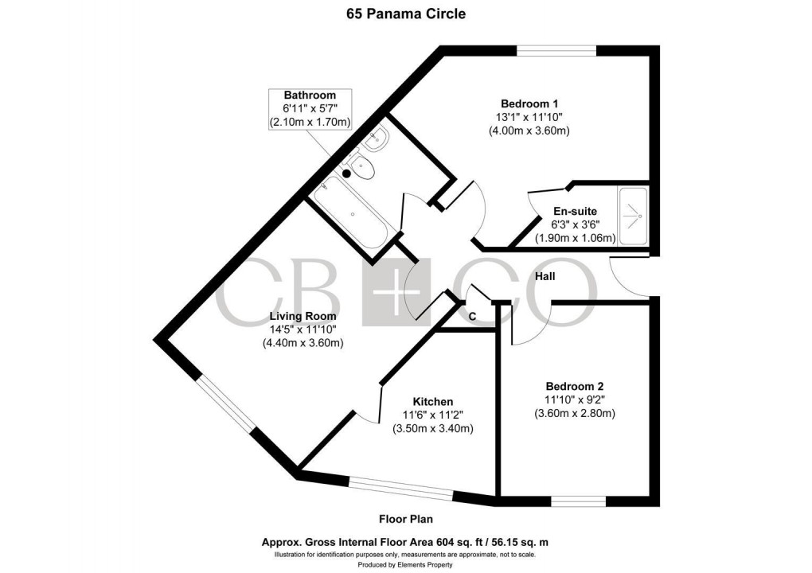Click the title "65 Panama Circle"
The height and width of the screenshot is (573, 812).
point(405,14)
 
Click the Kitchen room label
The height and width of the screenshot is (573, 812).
point(432,401)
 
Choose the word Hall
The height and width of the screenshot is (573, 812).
point(545,276)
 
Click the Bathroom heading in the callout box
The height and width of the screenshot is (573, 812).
point(310,95)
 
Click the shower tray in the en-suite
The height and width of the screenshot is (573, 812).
point(634,214)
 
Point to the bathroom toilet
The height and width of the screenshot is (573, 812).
point(360,170)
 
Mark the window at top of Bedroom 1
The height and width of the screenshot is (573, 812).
point(556,51)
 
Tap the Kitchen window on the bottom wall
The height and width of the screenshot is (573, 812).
point(402,487)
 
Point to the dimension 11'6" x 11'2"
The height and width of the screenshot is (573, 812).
point(432,415)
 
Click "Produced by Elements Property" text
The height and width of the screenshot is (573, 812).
point(405,564)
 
